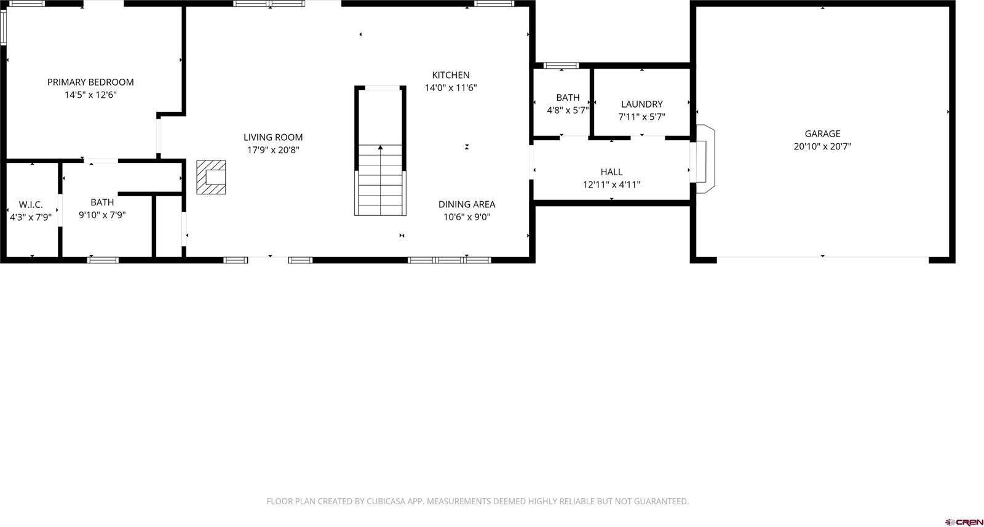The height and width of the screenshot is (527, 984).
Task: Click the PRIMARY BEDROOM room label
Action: pyautogui.click(x=90, y=82)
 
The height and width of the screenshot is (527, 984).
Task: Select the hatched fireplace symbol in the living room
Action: pyautogui.click(x=211, y=177)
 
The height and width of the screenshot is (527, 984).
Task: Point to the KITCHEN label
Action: pyautogui.click(x=450, y=75)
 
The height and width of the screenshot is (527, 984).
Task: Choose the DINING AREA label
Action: pyautogui.click(x=466, y=204)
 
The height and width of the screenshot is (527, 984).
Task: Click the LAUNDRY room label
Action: pyautogui.click(x=641, y=105)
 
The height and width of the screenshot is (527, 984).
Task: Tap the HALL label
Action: pyautogui.click(x=611, y=172)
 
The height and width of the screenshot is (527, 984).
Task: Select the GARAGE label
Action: pyautogui.click(x=822, y=133)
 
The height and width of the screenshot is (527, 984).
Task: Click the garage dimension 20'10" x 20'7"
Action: pyautogui.click(x=822, y=146)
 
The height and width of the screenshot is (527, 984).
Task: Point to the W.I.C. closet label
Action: pyautogui.click(x=31, y=204)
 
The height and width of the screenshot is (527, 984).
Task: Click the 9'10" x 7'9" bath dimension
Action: pyautogui.click(x=102, y=215)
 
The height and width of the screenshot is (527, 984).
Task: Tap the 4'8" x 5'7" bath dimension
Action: pyautogui.click(x=568, y=111)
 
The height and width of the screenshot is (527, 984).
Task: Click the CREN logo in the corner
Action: pyautogui.click(x=964, y=522)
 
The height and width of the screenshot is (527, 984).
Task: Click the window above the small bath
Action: pyautogui.click(x=561, y=65)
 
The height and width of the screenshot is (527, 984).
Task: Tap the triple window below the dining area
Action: pyautogui.click(x=449, y=260)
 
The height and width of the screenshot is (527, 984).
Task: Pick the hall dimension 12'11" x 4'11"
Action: pyautogui.click(x=611, y=184)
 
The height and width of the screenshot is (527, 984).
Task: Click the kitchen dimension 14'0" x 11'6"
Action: pyautogui.click(x=450, y=88)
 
